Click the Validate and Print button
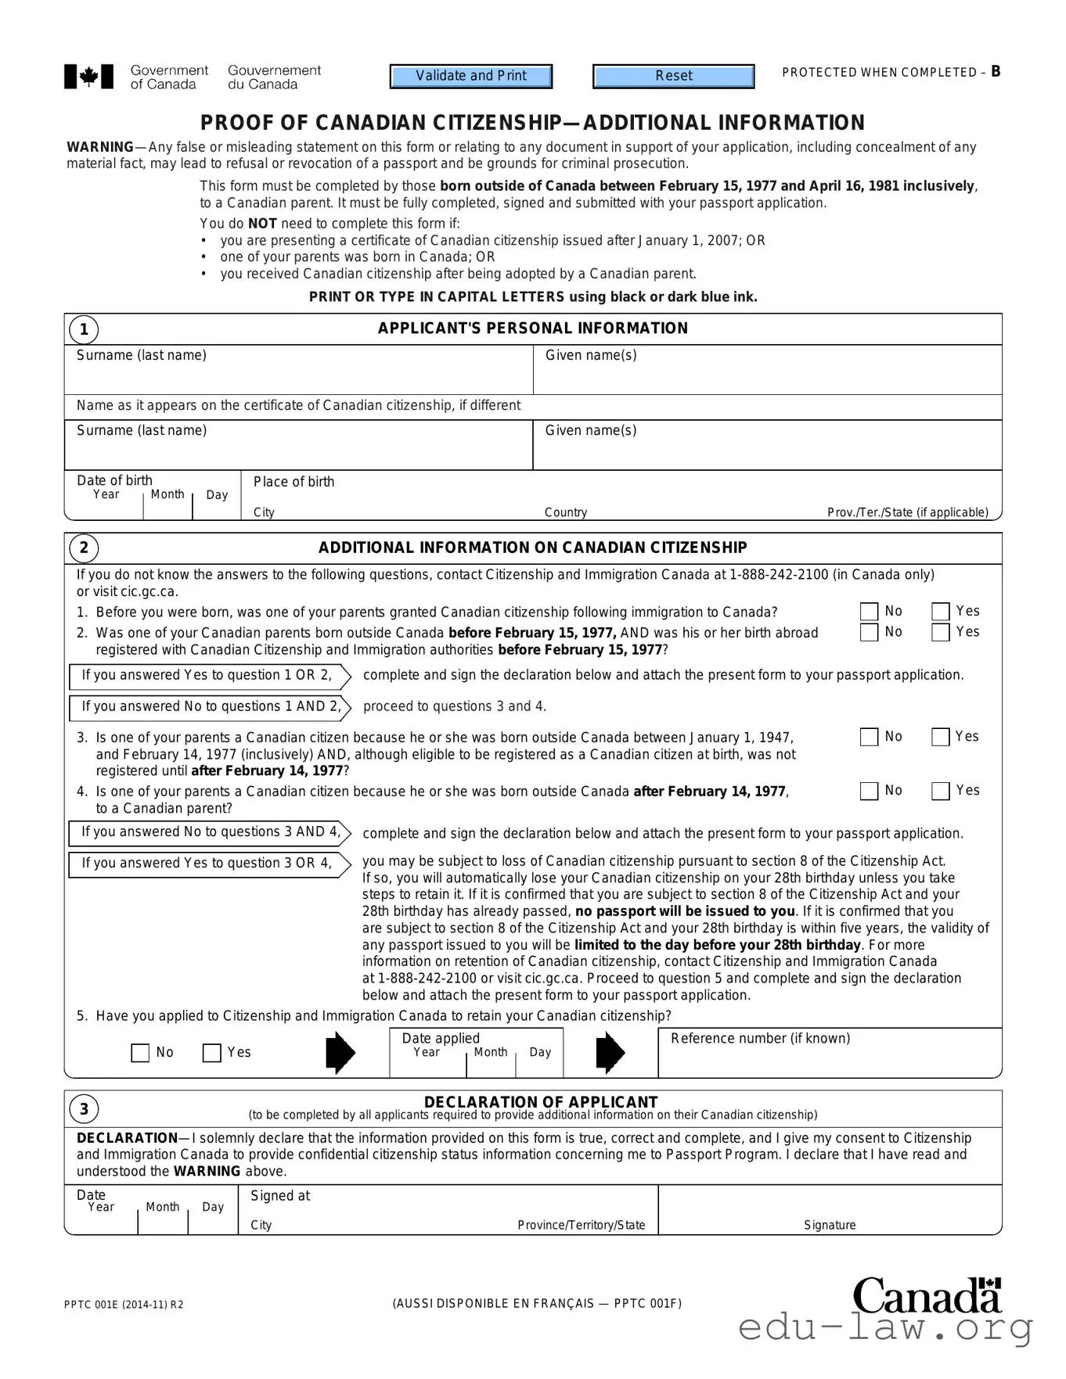(471, 76)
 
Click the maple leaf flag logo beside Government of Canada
(88, 77)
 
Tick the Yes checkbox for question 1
(941, 612)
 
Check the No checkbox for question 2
(869, 632)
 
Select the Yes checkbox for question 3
(941, 737)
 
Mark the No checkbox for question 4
(869, 791)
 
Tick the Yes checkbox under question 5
(211, 1053)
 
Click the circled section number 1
(84, 329)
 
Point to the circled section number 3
(84, 1109)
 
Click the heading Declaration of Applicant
(541, 1102)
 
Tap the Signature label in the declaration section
(830, 1225)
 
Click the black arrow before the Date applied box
(340, 1053)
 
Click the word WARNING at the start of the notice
(100, 147)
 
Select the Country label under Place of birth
(566, 512)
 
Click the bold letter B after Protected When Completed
(996, 72)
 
